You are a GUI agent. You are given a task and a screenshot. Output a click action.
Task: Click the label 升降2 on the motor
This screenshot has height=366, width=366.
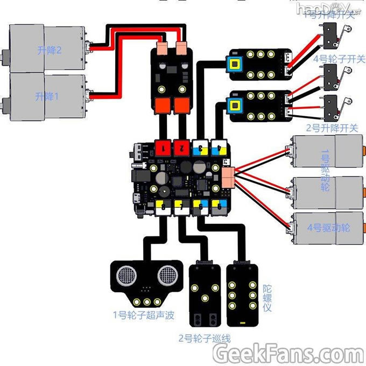50,50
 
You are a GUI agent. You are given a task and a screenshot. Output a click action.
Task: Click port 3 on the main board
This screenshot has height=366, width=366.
200,146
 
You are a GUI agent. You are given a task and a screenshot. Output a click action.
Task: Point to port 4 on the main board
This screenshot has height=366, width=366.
219,146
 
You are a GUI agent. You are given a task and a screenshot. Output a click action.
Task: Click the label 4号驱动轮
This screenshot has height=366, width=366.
328,228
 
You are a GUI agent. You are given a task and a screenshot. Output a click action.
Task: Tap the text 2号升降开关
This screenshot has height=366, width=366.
332,128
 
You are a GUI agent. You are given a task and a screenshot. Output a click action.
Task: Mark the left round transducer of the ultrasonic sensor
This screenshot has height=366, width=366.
124,276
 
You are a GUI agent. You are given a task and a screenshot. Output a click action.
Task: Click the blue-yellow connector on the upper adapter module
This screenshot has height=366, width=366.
235,64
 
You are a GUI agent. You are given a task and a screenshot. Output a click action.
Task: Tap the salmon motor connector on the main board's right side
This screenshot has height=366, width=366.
228,177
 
